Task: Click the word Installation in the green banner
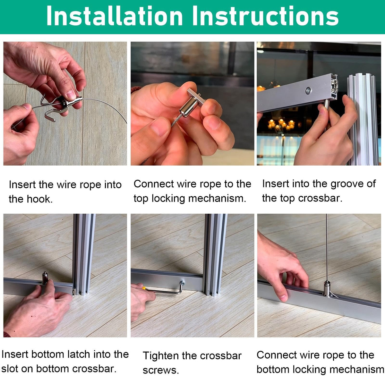point(115,16)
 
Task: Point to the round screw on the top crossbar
point(308,90)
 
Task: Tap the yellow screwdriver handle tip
point(143,288)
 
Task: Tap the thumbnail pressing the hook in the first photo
point(71,95)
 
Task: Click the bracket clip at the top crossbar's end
point(335,86)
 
